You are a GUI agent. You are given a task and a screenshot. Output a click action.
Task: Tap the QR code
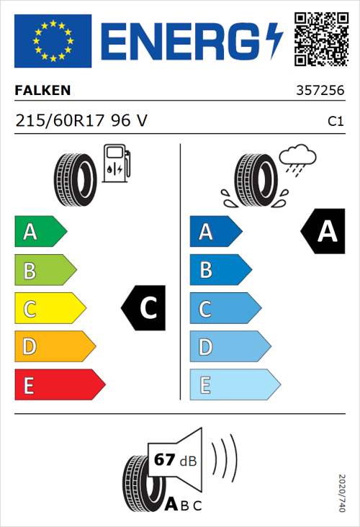click(320, 40)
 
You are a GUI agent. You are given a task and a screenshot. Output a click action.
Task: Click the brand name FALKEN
click(43, 91)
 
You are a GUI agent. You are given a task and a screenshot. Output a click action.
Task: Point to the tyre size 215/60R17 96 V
click(81, 121)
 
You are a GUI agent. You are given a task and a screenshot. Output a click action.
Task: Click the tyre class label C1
click(335, 122)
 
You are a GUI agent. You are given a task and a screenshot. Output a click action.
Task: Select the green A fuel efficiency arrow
click(40, 232)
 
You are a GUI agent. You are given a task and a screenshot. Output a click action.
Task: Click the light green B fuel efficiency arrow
click(45, 271)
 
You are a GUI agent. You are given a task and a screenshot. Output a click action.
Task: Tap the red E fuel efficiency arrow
click(59, 386)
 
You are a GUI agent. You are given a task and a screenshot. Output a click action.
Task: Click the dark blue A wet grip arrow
click(215, 232)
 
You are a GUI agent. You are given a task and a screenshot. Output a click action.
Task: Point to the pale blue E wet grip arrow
click(234, 386)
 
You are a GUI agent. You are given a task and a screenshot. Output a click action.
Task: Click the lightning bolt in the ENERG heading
click(275, 41)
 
